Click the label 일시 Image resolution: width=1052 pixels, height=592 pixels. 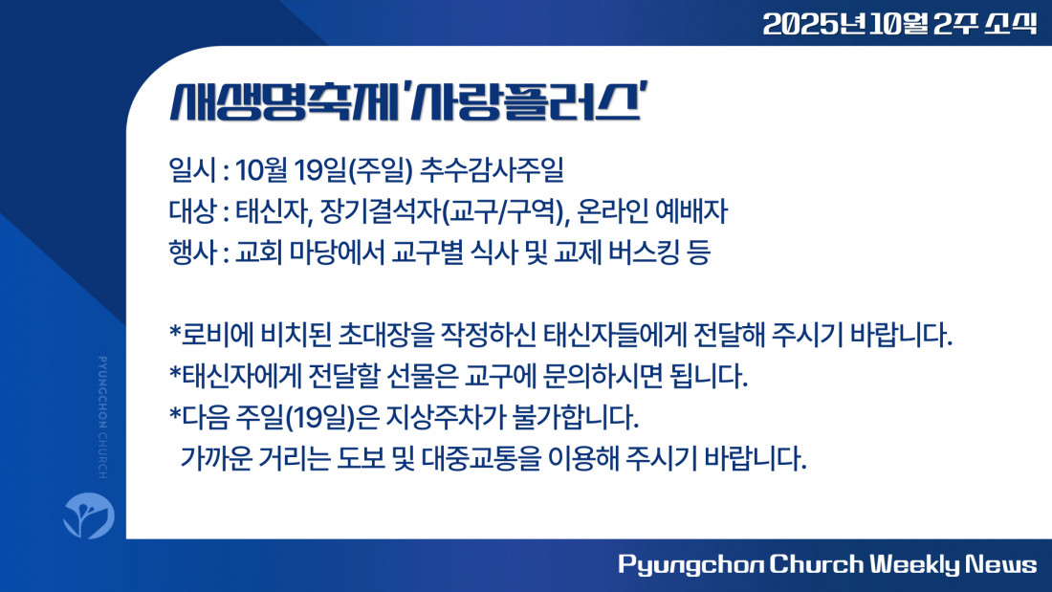[x=192, y=170]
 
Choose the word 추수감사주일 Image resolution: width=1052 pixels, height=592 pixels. [x=492, y=170]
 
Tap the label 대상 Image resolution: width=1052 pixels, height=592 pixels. [x=192, y=212]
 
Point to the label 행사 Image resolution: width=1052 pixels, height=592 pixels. [x=192, y=253]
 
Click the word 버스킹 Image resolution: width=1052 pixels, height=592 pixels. [x=644, y=253]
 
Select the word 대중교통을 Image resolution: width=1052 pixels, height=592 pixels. [x=481, y=460]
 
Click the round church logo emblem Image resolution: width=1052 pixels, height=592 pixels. [x=89, y=515]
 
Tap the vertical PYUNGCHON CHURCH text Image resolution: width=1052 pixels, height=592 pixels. [x=102, y=418]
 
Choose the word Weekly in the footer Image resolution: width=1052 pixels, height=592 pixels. [x=915, y=564]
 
